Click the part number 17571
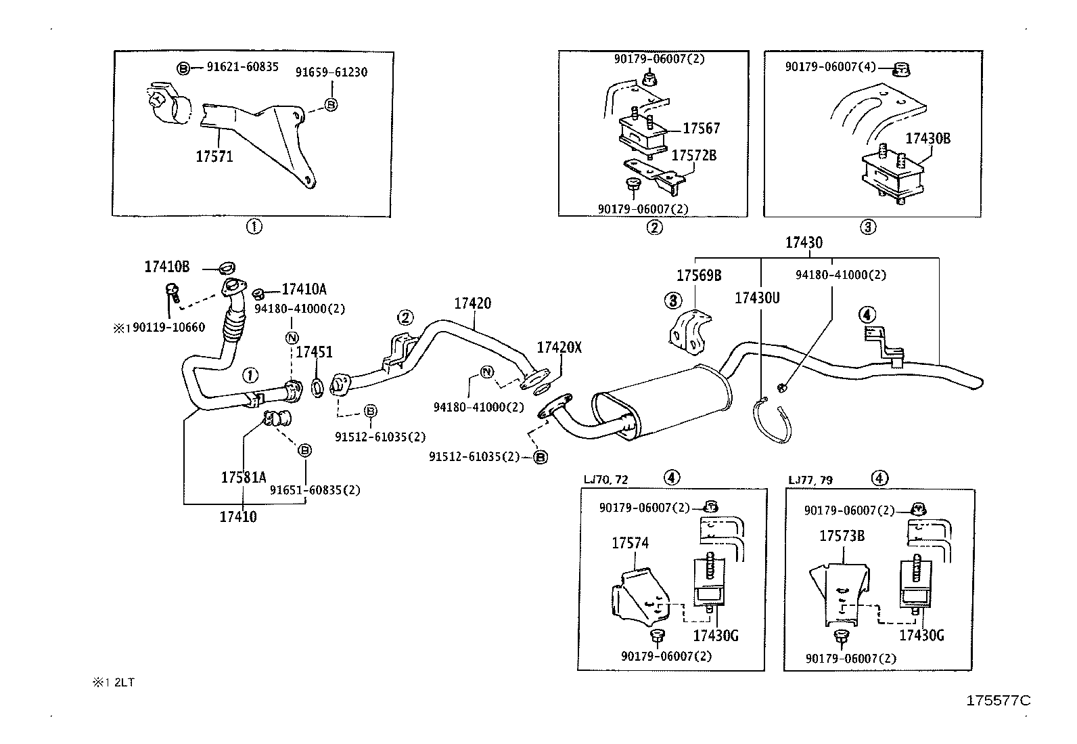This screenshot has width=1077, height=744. [x=214, y=156]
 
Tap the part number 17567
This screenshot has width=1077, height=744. [x=701, y=128]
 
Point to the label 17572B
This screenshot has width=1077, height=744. [x=693, y=155]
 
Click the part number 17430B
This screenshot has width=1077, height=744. [x=927, y=139]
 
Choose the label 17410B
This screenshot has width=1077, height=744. [x=167, y=267]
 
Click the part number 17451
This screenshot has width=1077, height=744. [x=314, y=352]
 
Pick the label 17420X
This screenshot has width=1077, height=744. [x=559, y=348]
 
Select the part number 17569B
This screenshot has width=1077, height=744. [x=699, y=276]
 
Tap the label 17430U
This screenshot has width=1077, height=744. [x=758, y=297]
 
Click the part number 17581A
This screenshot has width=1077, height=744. [x=244, y=477]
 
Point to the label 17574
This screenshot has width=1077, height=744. [x=630, y=543]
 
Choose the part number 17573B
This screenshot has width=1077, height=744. [x=842, y=536]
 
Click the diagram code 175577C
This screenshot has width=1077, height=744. [x=999, y=701]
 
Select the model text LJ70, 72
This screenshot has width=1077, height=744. [x=605, y=480]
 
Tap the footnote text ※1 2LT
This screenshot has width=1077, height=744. [x=114, y=682]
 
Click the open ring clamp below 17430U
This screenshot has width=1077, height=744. [x=771, y=422]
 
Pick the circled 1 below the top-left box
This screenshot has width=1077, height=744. [x=254, y=227]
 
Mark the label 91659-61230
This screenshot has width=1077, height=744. [x=331, y=72]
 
